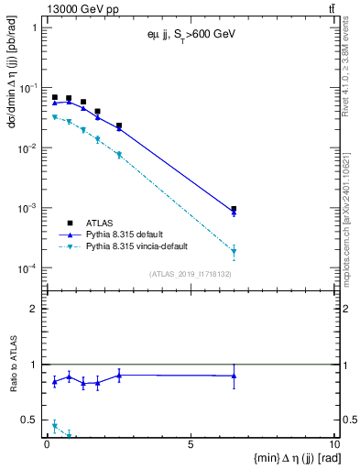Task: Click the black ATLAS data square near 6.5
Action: pyautogui.click(x=234, y=209)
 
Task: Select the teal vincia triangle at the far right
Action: pyautogui.click(x=234, y=251)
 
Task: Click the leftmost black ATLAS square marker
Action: pyautogui.click(x=55, y=97)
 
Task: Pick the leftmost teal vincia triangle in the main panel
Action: pyautogui.click(x=55, y=117)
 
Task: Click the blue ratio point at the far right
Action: pyautogui.click(x=234, y=376)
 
